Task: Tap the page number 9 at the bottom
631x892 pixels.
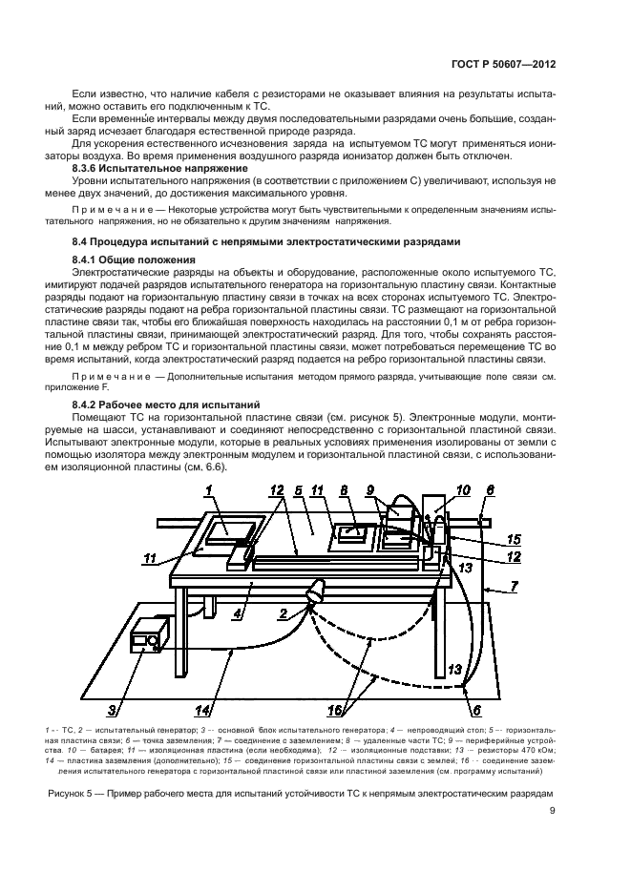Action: pos(553,812)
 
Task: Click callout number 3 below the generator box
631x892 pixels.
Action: pos(112,710)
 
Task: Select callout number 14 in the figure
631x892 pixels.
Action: pos(202,709)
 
